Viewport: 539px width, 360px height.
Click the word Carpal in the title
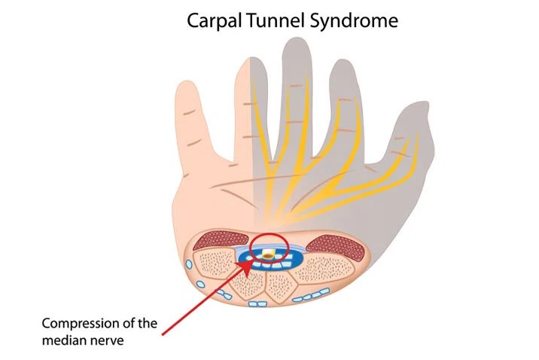[212, 20]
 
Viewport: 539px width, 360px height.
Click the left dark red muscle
[218, 243]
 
